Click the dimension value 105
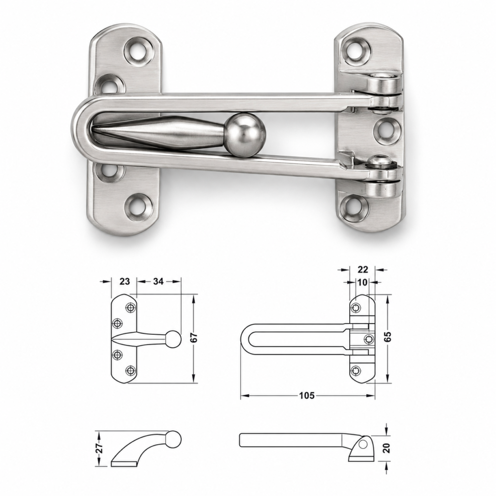(x=307, y=395)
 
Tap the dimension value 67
(x=194, y=338)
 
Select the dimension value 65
(x=387, y=337)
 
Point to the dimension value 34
(x=158, y=281)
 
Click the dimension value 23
(x=124, y=281)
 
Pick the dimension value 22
(x=362, y=269)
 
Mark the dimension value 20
(x=387, y=448)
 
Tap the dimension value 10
(x=362, y=282)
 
